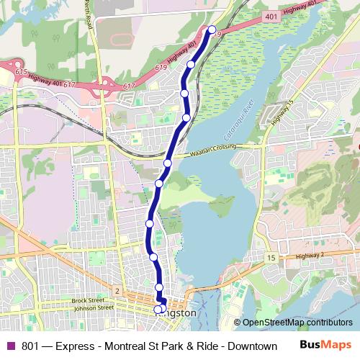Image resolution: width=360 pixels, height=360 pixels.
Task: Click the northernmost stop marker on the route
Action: pyautogui.click(x=212, y=30)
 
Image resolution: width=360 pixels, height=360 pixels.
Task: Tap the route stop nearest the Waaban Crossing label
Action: pyautogui.click(x=168, y=163)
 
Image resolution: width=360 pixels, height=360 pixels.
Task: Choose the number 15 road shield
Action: pyautogui.click(x=270, y=258)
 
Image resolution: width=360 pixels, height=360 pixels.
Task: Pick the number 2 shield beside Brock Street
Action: pyautogui.click(x=117, y=289)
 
